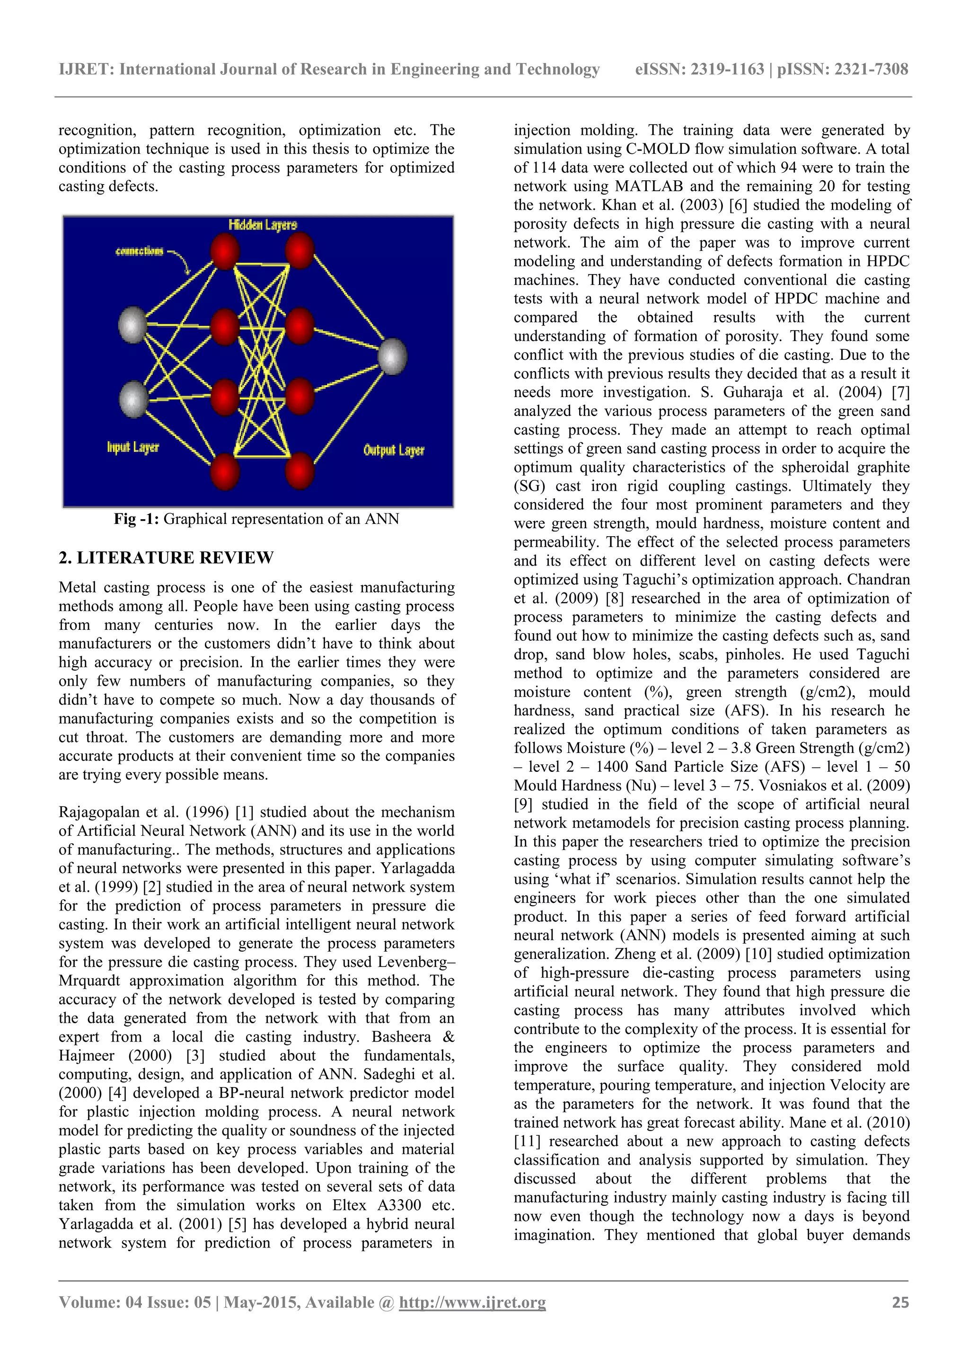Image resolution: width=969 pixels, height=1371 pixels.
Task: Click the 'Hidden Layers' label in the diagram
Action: click(x=262, y=225)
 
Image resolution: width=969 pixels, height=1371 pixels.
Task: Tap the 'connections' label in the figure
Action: click(x=139, y=251)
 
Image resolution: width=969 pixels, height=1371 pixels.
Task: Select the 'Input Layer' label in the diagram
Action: click(x=132, y=447)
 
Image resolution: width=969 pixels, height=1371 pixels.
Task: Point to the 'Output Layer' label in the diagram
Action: click(x=394, y=450)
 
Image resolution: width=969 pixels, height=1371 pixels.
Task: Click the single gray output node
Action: click(x=392, y=356)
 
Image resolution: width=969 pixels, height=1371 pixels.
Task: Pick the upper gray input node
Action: click(x=132, y=325)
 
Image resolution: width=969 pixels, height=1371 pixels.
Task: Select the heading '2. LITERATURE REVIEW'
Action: click(x=166, y=557)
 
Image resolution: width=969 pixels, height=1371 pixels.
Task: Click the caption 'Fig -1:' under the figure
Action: click(x=137, y=519)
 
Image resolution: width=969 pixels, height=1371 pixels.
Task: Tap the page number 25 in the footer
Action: click(x=900, y=1302)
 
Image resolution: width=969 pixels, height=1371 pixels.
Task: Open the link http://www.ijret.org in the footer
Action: click(x=472, y=1302)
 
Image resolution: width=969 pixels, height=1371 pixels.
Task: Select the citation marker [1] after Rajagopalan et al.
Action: click(x=245, y=812)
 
